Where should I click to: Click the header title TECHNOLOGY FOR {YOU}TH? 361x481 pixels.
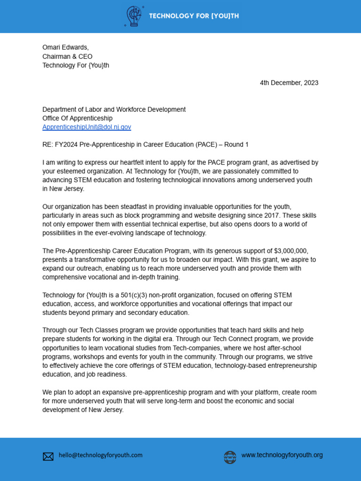(194, 16)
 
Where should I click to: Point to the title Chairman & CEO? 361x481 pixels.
(67, 56)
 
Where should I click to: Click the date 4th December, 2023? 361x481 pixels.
(289, 83)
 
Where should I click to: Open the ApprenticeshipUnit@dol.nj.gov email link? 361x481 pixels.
(86, 127)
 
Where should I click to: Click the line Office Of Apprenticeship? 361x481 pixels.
(77, 118)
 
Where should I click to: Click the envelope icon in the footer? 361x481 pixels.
(48, 456)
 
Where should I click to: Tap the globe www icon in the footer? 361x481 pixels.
(230, 457)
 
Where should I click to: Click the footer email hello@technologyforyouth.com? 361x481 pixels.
(101, 455)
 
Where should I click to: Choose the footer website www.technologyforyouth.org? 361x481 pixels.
(282, 455)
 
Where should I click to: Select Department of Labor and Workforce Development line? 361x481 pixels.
(114, 109)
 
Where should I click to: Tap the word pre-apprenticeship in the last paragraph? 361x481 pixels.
(153, 392)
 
